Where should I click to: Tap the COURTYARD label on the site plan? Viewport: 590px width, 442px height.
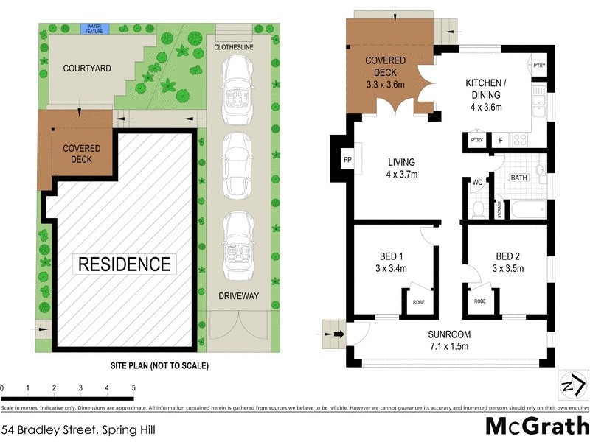point(87,69)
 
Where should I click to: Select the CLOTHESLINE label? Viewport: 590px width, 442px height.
point(235,46)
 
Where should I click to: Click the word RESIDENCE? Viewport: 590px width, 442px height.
point(124,264)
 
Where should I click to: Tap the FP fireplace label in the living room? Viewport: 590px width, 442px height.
point(347,159)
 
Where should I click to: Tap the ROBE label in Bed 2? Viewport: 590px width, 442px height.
point(480,301)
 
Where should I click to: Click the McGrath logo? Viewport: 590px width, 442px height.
point(536,427)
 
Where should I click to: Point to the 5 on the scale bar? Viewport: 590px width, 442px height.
point(133,387)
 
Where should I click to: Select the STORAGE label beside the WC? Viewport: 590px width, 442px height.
point(499,209)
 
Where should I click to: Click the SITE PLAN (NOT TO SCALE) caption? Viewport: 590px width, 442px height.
point(155,365)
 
